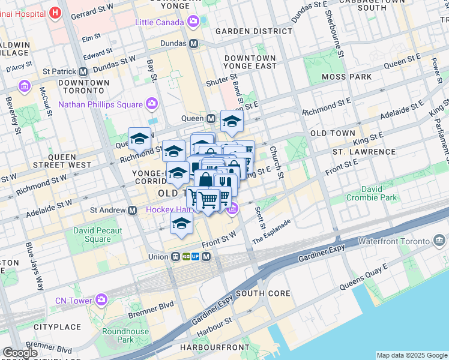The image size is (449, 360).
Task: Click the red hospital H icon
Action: pos(55,13)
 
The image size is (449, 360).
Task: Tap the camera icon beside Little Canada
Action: pos(193,22)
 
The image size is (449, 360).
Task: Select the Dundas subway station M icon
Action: pos(194,44)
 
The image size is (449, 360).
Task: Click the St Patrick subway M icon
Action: pos(82,71)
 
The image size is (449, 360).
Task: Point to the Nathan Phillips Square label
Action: pos(100,104)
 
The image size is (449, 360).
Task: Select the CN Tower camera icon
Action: pos(101,299)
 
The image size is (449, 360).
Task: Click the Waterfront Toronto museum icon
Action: pos(439,241)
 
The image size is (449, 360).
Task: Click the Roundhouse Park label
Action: pos(125,335)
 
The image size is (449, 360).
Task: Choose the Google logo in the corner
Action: pos(20,353)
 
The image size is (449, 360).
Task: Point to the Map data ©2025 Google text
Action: pos(411,355)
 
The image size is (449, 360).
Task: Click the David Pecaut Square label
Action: pos(98,235)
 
